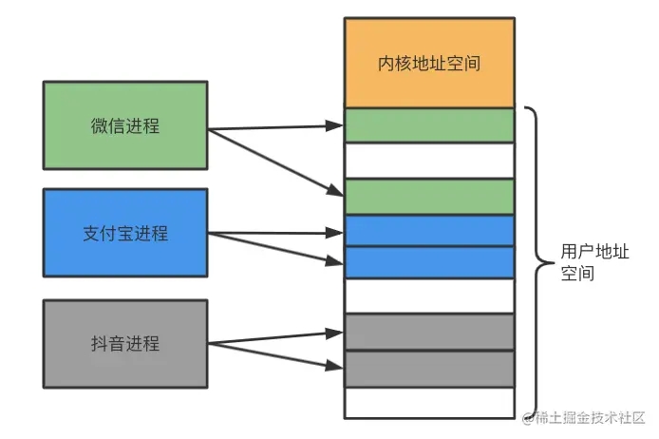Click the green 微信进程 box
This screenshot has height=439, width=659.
pos(125,125)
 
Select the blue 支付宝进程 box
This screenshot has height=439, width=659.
pos(125,233)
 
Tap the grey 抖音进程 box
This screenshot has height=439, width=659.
pos(125,344)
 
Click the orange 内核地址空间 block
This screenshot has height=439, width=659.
pos(429,64)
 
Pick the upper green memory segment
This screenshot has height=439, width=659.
pos(429,125)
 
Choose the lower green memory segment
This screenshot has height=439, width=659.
pos(429,196)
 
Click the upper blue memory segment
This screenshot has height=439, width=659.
pos(429,230)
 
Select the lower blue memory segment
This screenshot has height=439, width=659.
pos(429,262)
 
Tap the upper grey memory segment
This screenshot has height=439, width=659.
pos(429,332)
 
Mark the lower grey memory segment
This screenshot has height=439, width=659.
pos(429,369)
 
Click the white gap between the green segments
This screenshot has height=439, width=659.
pos(429,160)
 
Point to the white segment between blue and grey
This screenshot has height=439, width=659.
pos(429,296)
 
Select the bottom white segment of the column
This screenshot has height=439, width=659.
pos(429,402)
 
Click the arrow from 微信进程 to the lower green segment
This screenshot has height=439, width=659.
pos(275,162)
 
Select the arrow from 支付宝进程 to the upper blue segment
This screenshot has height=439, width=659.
pos(275,232)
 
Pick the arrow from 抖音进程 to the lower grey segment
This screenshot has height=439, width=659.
pos(275,353)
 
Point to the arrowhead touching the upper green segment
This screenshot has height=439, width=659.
pos(335,124)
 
